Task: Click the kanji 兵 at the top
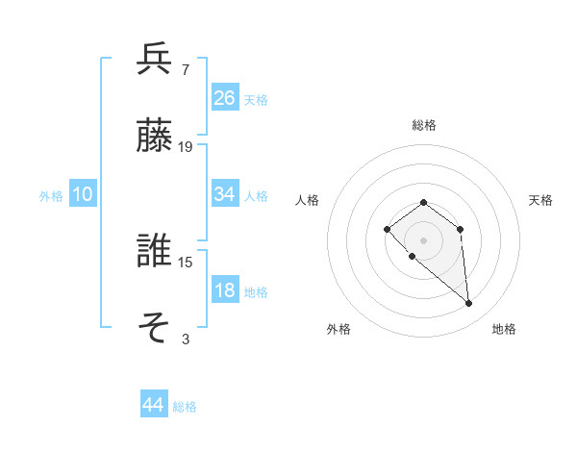pyautogui.click(x=155, y=61)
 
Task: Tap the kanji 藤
pyautogui.click(x=155, y=136)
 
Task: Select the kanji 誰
pyautogui.click(x=155, y=252)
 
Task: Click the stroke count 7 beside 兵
pyautogui.click(x=185, y=70)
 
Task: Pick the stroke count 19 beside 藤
pyautogui.click(x=186, y=146)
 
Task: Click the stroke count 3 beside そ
pyautogui.click(x=185, y=339)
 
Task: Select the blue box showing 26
pyautogui.click(x=225, y=98)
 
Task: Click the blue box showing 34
pyautogui.click(x=225, y=194)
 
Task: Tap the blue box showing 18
pyautogui.click(x=225, y=290)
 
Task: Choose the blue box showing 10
pyautogui.click(x=83, y=194)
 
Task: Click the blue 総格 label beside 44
pyautogui.click(x=185, y=407)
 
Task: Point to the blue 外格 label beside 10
pyautogui.click(x=51, y=195)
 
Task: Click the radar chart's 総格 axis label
pyautogui.click(x=424, y=125)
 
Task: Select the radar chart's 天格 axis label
pyautogui.click(x=540, y=200)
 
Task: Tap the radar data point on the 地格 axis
pyautogui.click(x=469, y=304)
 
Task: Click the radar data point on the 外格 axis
pyautogui.click(x=412, y=257)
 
